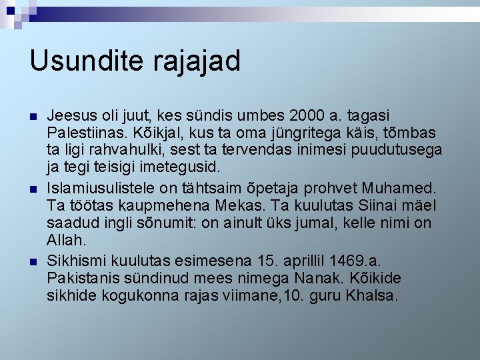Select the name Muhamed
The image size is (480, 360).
402,189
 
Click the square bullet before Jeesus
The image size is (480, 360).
33,117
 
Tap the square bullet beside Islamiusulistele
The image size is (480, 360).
33,190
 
